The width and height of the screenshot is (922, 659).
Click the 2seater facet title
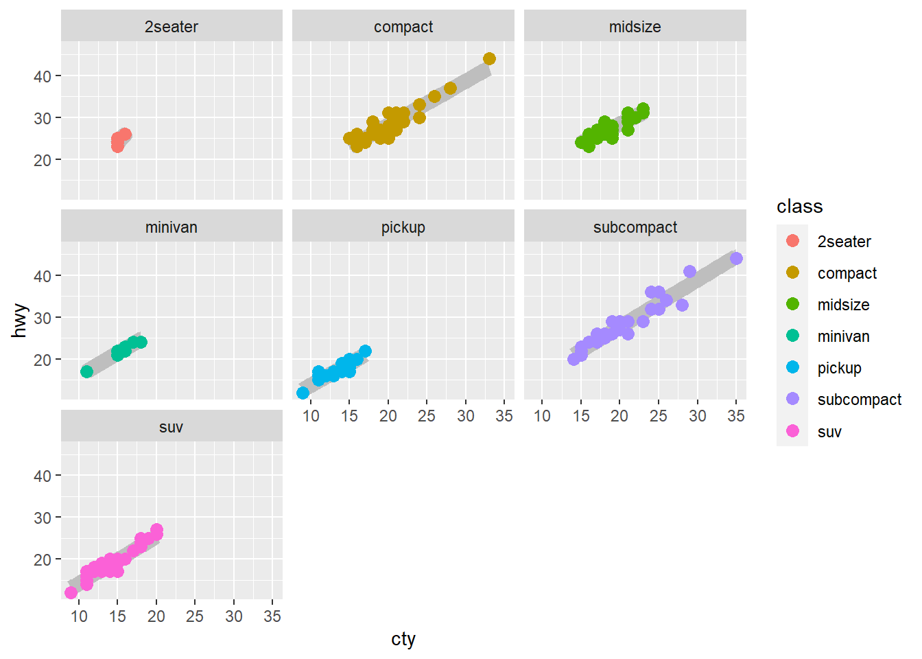point(172,27)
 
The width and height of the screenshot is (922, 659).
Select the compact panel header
point(403,27)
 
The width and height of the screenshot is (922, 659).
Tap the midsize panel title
point(635,27)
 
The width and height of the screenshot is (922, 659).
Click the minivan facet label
point(172,227)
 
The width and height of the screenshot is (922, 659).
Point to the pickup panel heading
point(403,227)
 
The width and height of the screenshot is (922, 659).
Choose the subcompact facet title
point(635,227)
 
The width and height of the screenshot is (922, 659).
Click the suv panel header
point(172,427)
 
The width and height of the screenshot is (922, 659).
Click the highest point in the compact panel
point(489,59)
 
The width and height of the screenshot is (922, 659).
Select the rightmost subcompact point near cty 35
point(736,259)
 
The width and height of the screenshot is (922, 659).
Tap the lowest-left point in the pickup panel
point(303,393)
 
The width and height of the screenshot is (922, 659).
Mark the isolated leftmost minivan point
point(86,371)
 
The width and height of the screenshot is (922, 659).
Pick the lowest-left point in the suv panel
point(71,592)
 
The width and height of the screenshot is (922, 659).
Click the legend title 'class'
point(799,207)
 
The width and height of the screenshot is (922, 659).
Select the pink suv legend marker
point(793,431)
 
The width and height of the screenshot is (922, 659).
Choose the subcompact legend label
point(859,400)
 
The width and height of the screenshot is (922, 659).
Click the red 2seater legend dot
point(793,241)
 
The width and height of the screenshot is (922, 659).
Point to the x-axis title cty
point(403,639)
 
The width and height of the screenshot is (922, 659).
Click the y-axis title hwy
point(20,321)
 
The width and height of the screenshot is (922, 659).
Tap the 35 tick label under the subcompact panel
point(736,416)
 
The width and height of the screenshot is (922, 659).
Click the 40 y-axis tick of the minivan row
point(43,276)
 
